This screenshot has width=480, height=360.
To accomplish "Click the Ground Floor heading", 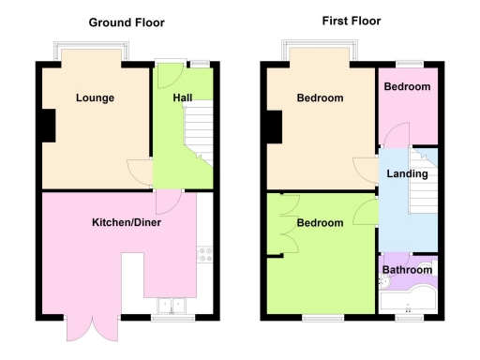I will tap(127, 22).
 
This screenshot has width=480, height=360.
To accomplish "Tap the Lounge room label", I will tap(95, 97).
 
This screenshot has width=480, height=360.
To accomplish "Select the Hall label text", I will tap(183, 97).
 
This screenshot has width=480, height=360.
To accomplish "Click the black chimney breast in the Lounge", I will tap(46, 125).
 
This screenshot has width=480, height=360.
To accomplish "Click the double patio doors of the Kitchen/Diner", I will tap(90, 328).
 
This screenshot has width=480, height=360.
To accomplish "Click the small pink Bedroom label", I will tap(407, 86).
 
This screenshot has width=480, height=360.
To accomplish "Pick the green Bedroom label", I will tap(319, 224).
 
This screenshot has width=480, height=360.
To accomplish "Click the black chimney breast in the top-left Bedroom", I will tap(274, 127).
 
